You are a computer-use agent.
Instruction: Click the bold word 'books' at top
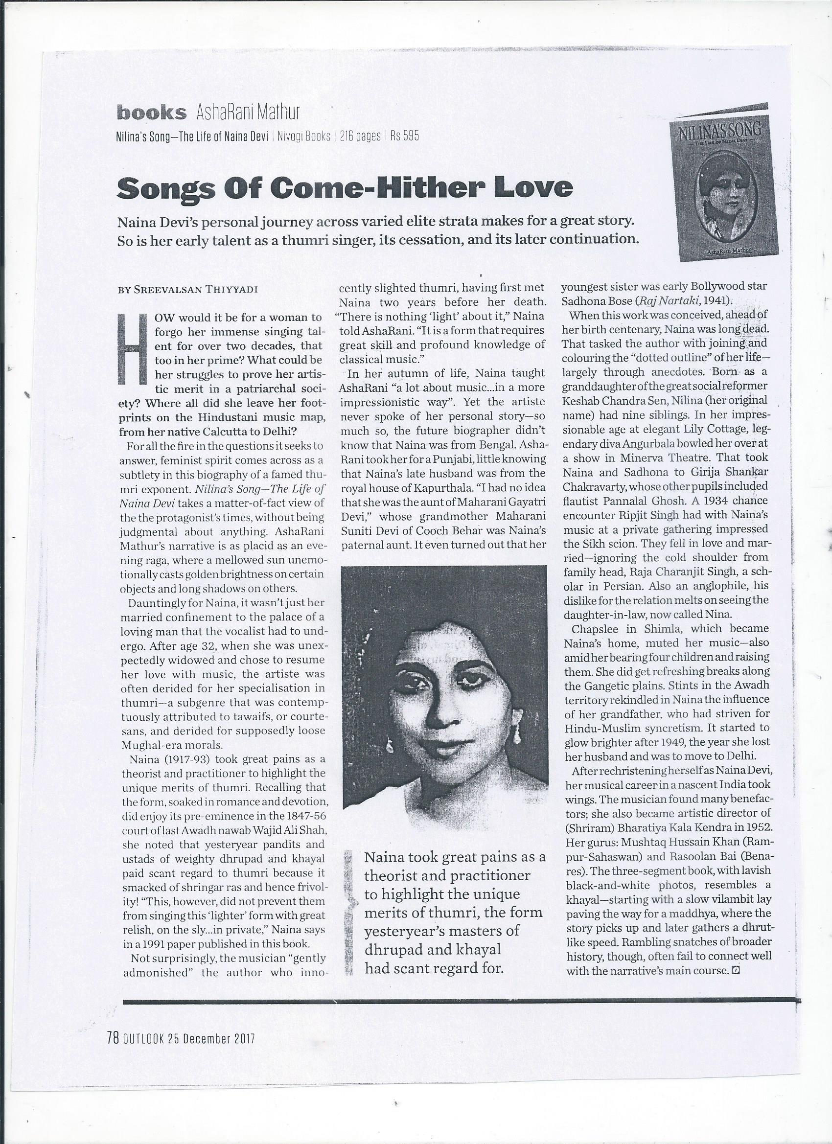pyautogui.click(x=151, y=112)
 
